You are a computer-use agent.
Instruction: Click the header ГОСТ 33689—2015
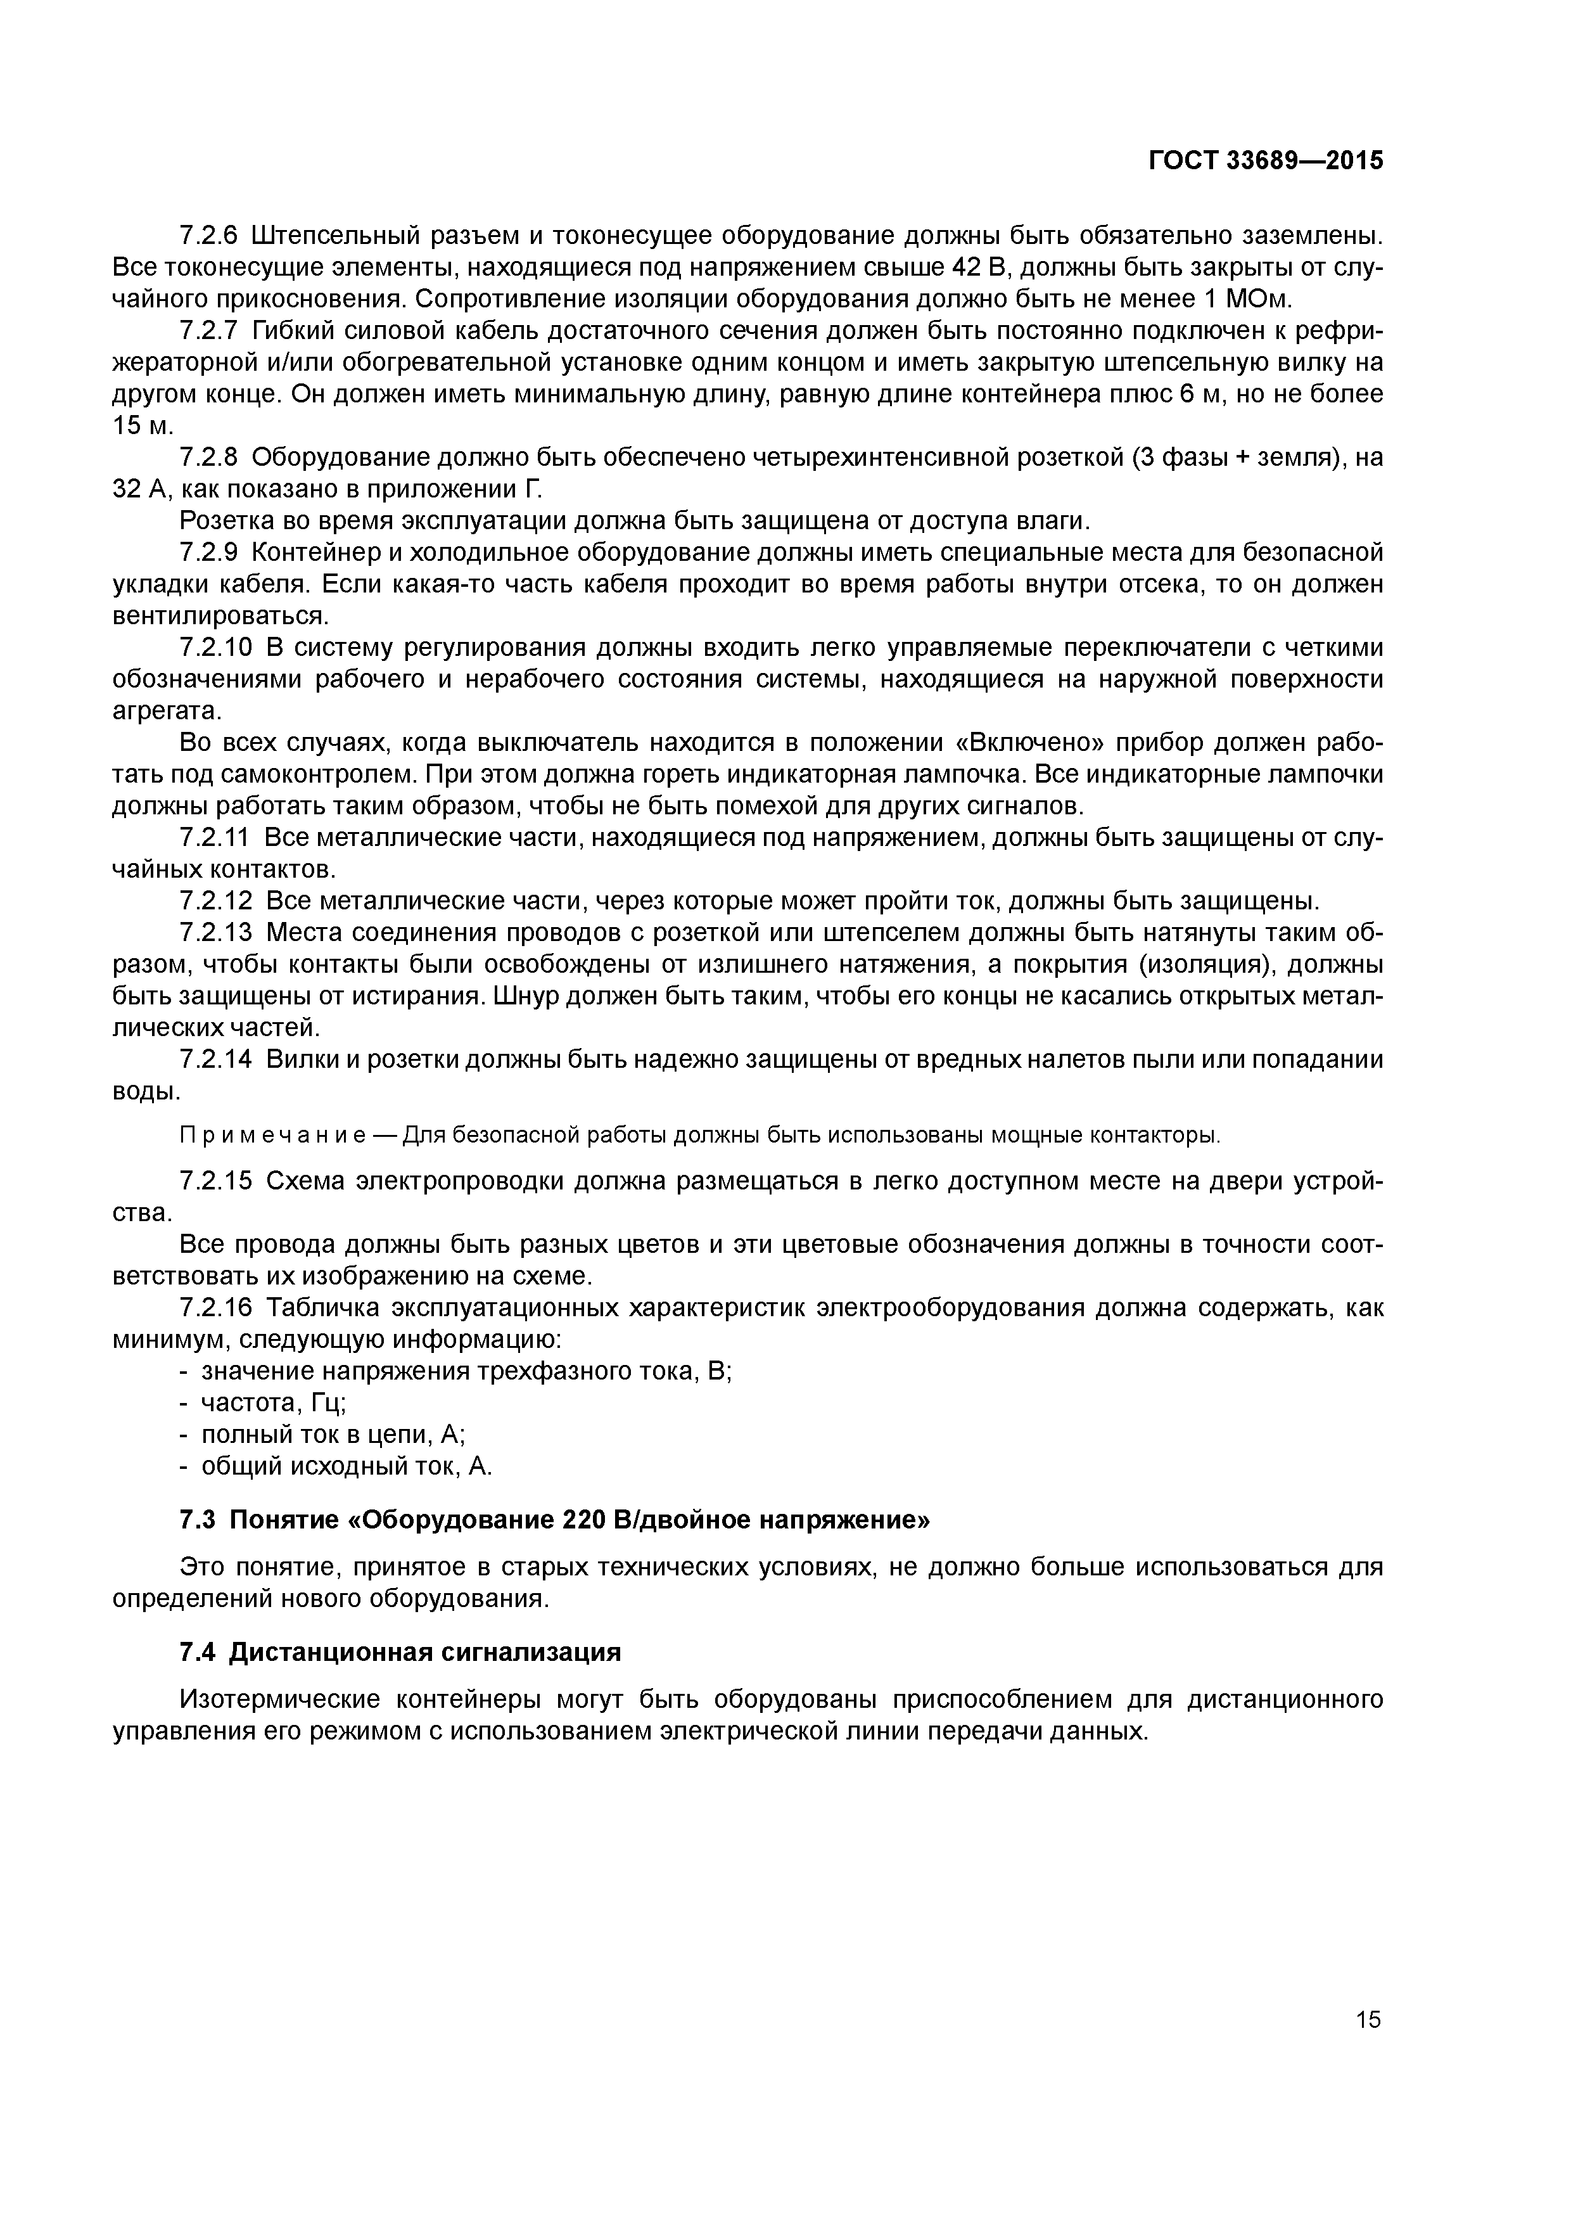coord(1265,161)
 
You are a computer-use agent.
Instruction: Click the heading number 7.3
coord(198,1520)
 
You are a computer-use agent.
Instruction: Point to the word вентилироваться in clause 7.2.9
coord(220,617)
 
